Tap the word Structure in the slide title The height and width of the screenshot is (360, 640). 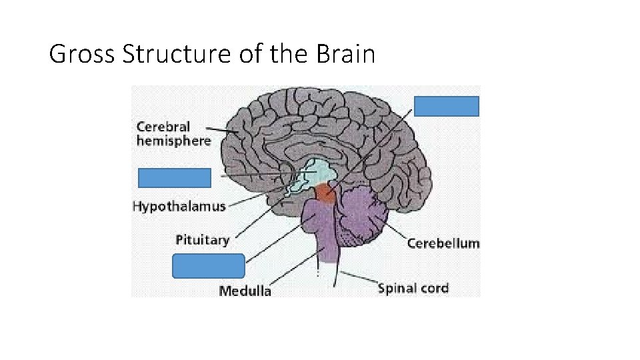click(176, 54)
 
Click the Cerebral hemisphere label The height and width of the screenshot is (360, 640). click(173, 133)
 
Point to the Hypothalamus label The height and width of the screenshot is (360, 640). click(179, 206)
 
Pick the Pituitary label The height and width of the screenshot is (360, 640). click(203, 239)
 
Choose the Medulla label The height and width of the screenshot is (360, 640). click(245, 290)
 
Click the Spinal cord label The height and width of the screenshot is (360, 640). click(413, 288)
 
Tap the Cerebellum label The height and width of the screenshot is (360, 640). click(443, 243)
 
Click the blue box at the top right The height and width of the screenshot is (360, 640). click(447, 107)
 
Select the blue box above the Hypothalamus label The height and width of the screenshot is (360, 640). click(175, 178)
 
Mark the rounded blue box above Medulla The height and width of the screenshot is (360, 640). click(209, 265)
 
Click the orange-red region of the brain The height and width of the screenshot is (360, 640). click(326, 193)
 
